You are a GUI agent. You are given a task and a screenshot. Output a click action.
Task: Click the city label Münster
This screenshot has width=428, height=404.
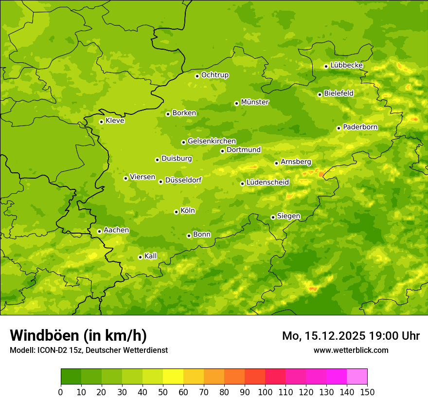tap(254, 102)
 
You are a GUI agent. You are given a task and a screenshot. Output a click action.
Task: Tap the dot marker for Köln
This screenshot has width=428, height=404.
tap(176, 212)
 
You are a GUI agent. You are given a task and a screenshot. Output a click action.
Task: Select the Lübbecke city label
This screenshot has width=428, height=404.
tap(346, 65)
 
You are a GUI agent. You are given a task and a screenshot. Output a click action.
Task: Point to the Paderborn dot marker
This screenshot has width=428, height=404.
tap(339, 128)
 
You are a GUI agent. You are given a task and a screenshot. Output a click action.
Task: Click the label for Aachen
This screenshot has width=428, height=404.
tap(116, 230)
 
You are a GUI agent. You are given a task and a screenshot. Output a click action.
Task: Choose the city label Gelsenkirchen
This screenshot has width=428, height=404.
tap(212, 141)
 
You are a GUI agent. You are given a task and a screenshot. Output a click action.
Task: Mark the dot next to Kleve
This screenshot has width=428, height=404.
tap(101, 122)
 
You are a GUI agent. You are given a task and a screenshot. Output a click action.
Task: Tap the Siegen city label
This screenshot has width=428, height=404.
tap(288, 216)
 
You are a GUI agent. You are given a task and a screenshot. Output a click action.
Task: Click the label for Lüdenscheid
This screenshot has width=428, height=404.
tap(267, 183)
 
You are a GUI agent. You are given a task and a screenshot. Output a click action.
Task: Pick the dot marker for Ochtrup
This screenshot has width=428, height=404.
tap(197, 75)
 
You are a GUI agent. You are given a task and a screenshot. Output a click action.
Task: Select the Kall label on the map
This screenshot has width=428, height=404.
tap(151, 256)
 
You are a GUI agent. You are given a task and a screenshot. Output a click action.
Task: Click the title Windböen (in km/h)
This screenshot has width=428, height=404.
tap(78, 335)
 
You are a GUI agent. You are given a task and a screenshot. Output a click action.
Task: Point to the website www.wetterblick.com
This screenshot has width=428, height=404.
tap(351, 350)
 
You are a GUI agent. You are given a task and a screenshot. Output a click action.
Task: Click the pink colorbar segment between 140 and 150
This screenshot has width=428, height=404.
tap(357, 376)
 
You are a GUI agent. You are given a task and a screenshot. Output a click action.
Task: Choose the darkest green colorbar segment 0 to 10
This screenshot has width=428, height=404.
tap(71, 376)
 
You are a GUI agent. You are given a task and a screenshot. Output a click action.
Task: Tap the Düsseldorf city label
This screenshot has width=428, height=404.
tap(183, 180)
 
